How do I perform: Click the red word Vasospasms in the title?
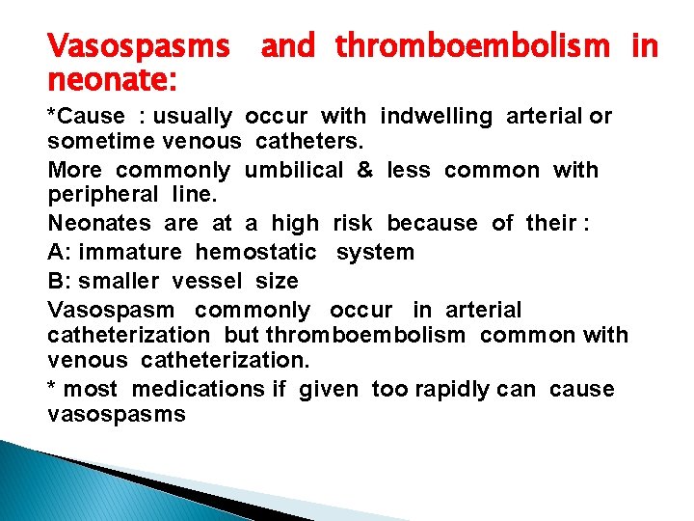click(x=139, y=44)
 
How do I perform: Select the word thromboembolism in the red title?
click(x=472, y=44)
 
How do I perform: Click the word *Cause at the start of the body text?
click(x=87, y=117)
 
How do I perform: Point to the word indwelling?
click(x=436, y=117)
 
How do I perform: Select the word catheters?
click(x=307, y=143)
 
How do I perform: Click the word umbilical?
click(x=294, y=171)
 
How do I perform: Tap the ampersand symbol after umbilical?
click(x=364, y=171)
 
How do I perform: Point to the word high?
click(x=295, y=224)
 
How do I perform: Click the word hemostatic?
click(x=255, y=253)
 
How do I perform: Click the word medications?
click(x=199, y=390)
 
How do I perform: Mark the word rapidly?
click(x=456, y=390)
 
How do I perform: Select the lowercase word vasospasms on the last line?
click(x=117, y=414)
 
